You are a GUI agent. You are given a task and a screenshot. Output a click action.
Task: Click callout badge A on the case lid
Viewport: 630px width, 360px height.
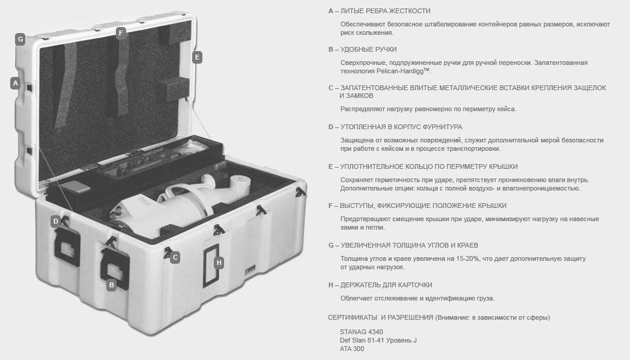coord(15,84)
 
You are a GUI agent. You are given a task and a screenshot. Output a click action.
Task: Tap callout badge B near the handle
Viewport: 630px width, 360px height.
coord(111,285)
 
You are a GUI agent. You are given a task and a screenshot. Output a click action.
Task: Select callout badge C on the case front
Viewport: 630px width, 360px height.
coord(175,257)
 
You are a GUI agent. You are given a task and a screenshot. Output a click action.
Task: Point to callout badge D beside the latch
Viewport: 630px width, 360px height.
coord(56,221)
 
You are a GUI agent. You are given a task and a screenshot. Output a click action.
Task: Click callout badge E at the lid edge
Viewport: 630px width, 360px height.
coord(197,57)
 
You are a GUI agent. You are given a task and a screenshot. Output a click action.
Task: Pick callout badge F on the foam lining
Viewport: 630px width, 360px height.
coord(121,32)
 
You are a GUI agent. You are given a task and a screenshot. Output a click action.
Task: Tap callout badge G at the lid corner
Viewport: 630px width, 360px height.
coord(20,40)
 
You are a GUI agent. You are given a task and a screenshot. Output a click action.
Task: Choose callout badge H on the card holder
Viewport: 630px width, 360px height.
coord(219,263)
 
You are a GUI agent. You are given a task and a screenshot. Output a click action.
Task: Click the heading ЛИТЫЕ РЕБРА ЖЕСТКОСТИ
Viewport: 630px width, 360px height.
coord(385,11)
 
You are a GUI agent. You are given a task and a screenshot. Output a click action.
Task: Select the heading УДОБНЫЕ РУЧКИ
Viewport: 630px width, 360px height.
coord(368,49)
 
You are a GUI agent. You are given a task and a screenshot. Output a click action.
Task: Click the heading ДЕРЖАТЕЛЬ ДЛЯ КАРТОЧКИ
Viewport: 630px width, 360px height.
coord(386,285)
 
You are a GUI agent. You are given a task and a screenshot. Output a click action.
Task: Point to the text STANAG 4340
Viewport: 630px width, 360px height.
coord(361,332)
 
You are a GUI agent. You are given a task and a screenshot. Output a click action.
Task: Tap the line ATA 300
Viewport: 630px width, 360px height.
coord(352,349)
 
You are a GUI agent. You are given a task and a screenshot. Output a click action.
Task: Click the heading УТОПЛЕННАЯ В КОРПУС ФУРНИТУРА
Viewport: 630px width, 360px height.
coord(401,127)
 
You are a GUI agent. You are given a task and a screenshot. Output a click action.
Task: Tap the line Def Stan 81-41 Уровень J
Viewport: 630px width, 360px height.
coord(378,340)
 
